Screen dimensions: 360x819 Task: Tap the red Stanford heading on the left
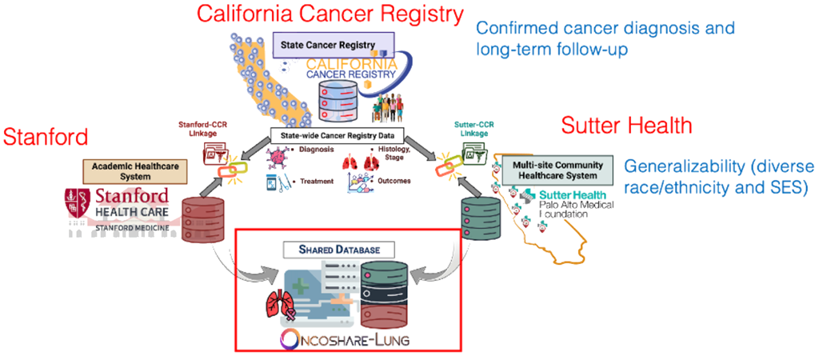46,137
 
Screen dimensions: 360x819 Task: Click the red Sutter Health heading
626,126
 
